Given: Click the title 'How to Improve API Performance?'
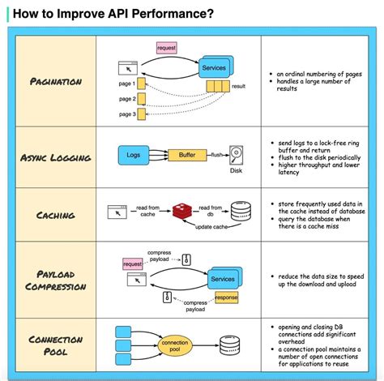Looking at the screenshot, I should (x=113, y=13).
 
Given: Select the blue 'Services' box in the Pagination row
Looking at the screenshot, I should (x=214, y=68).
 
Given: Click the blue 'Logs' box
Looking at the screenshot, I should (x=134, y=153).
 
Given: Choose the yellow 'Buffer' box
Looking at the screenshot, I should (x=186, y=154).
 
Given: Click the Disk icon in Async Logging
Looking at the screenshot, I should (x=237, y=153).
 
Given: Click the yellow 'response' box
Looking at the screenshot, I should (x=225, y=297).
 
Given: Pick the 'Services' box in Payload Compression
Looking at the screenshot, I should (x=221, y=279).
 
